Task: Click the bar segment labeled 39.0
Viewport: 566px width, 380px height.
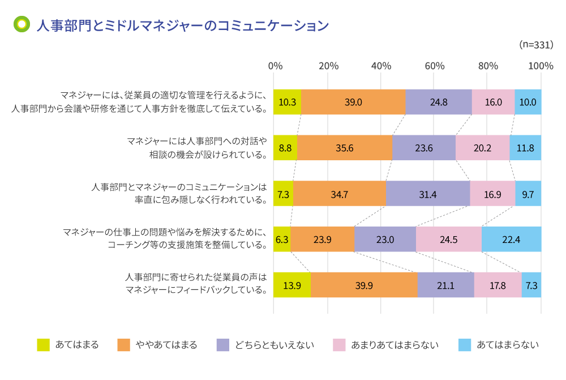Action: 353,102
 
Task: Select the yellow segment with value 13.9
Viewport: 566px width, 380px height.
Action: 292,285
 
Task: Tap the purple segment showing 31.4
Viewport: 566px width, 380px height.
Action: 427,193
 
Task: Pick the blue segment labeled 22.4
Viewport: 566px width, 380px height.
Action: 511,239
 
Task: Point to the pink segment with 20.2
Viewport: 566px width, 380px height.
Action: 482,148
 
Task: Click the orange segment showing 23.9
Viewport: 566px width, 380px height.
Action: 322,239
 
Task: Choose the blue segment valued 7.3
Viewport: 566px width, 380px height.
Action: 531,285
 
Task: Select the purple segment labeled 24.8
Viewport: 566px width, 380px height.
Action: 439,102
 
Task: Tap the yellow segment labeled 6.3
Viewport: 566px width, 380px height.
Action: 282,239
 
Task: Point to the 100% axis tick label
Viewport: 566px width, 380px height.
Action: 540,66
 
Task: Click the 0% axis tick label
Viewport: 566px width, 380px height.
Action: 275,66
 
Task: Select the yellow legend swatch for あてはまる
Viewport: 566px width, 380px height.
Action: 43,345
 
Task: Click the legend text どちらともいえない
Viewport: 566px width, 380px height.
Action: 274,345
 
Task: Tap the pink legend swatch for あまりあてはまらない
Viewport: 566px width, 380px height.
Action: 338,345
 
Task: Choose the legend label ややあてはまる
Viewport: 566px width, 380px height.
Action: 166,345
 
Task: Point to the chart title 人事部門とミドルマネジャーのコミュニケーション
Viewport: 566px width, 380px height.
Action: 182,25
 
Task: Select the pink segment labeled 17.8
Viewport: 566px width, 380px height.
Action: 498,285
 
